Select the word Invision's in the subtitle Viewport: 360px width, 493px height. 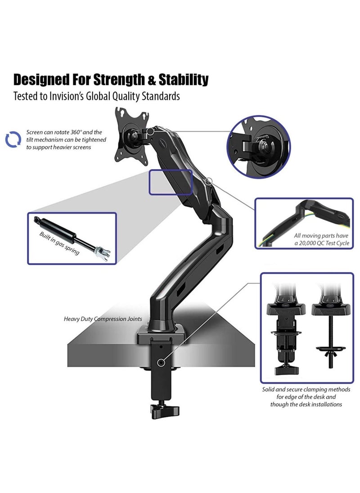76,96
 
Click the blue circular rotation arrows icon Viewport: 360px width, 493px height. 13,139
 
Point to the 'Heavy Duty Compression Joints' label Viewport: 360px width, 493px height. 103,319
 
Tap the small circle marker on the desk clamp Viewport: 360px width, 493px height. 161,362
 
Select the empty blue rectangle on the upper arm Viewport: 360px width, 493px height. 171,182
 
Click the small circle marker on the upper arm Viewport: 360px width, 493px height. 208,181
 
